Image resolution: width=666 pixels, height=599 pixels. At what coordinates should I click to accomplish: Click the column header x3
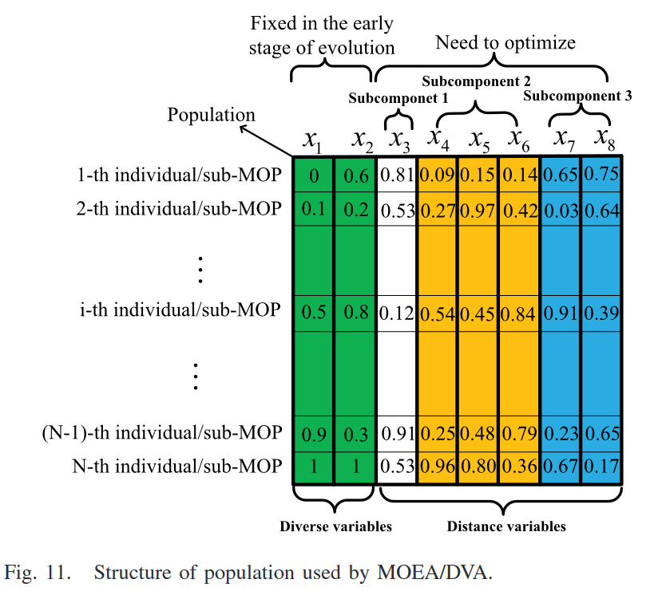click(x=398, y=140)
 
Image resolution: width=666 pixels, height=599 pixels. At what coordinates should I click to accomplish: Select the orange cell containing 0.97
click(x=478, y=210)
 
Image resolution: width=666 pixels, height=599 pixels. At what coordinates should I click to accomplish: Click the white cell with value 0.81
click(x=397, y=175)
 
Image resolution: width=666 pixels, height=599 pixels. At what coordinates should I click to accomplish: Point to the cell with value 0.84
click(x=519, y=313)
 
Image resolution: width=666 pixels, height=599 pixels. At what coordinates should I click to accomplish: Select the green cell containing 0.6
click(x=355, y=175)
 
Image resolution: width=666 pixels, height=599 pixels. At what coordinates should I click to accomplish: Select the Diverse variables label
click(x=335, y=526)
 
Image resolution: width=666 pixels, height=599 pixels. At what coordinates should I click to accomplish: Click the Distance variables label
click(x=506, y=526)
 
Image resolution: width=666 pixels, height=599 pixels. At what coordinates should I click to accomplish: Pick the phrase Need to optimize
click(x=505, y=42)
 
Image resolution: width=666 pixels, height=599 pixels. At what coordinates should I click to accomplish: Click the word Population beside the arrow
click(x=211, y=115)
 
